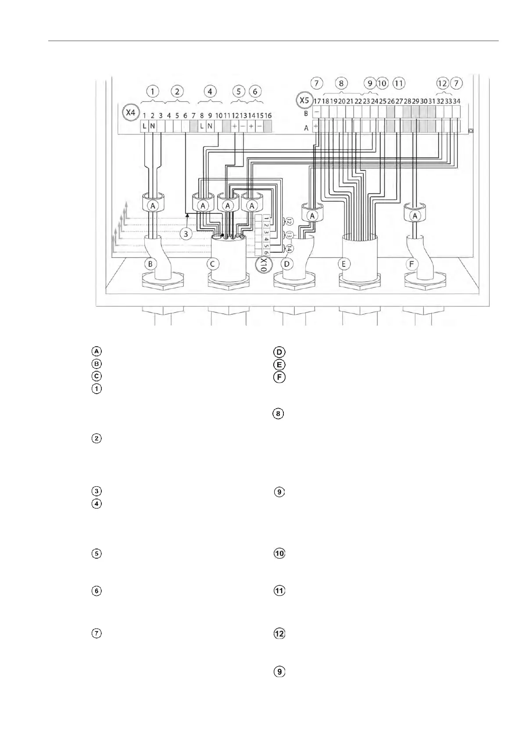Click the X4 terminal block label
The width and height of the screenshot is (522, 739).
[x=130, y=113]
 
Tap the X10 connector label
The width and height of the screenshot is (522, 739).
[x=263, y=265]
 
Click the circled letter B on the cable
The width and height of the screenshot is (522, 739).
[x=150, y=264]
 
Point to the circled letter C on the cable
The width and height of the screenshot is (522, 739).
[x=213, y=264]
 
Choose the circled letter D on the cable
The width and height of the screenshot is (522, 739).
[x=287, y=264]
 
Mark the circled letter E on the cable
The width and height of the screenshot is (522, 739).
[x=343, y=264]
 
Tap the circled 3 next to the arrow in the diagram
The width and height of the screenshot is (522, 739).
[x=186, y=234]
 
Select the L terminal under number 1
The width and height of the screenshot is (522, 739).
[x=144, y=126]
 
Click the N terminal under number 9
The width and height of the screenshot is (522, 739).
[x=210, y=126]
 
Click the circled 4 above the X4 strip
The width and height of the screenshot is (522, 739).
[x=210, y=91]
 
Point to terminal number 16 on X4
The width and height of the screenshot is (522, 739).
[x=268, y=116]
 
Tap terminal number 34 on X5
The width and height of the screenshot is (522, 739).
[x=457, y=101]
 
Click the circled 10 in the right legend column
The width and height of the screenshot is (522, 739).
[x=279, y=553]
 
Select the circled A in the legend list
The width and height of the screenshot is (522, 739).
[x=97, y=351]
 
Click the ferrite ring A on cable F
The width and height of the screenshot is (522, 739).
[x=415, y=215]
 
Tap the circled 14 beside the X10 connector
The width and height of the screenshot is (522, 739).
[x=290, y=249]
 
